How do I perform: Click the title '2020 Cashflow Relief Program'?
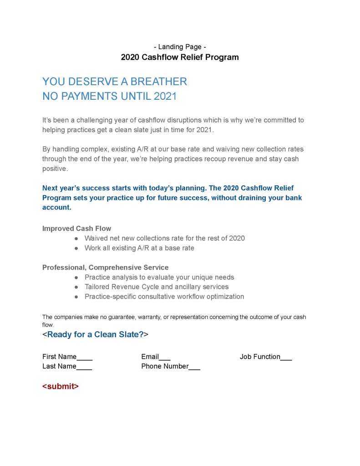point(179,57)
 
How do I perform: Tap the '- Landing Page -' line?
point(179,46)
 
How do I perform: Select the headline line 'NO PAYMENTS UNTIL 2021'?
point(109,97)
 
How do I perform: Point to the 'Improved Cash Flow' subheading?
point(76,228)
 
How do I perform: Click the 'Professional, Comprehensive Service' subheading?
point(105,267)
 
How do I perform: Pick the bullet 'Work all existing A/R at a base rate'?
point(139,248)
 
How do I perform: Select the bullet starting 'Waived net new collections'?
point(164,238)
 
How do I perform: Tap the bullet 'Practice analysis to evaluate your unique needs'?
point(159,277)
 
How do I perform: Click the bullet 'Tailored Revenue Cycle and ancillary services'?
point(157,287)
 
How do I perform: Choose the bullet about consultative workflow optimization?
point(164,297)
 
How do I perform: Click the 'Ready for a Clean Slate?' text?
point(96,334)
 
